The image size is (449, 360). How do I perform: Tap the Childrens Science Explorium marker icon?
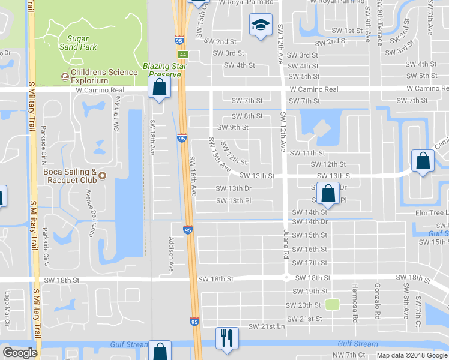(65, 76)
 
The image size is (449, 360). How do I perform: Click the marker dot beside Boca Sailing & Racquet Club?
(101, 176)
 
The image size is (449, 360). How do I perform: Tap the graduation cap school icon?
(260, 25)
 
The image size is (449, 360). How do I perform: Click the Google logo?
(20, 353)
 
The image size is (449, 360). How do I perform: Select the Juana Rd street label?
(285, 245)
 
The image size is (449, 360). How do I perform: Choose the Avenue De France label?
(91, 212)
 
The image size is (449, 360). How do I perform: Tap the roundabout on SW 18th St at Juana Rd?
(286, 278)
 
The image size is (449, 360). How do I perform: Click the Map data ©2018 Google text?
(411, 355)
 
